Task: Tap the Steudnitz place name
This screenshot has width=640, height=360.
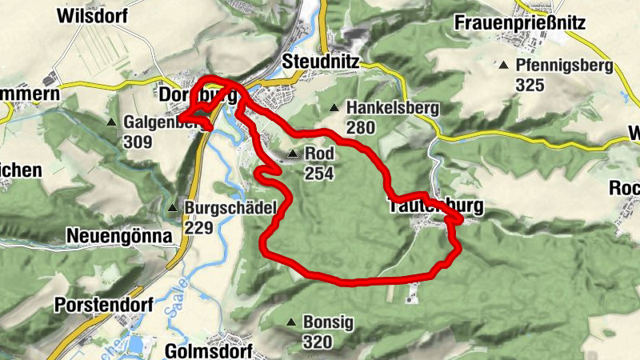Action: tap(321, 61)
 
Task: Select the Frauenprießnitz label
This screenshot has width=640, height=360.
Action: tap(520, 22)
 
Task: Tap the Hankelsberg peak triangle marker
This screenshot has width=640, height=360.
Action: tap(334, 108)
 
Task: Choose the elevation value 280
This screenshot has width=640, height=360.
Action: tap(361, 126)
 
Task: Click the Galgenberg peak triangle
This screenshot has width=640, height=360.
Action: tap(111, 123)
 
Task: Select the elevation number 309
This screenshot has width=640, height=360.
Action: tap(138, 142)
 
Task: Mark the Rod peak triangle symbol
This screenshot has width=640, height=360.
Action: tap(292, 154)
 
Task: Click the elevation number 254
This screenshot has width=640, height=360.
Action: tap(318, 173)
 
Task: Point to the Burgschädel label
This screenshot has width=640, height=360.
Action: tap(230, 207)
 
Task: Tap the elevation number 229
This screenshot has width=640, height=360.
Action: tap(198, 227)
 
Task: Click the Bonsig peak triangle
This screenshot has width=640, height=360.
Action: tap(291, 323)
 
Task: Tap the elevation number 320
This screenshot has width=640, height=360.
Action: tap(318, 342)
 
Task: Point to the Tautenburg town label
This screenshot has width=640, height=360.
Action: tap(436, 206)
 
